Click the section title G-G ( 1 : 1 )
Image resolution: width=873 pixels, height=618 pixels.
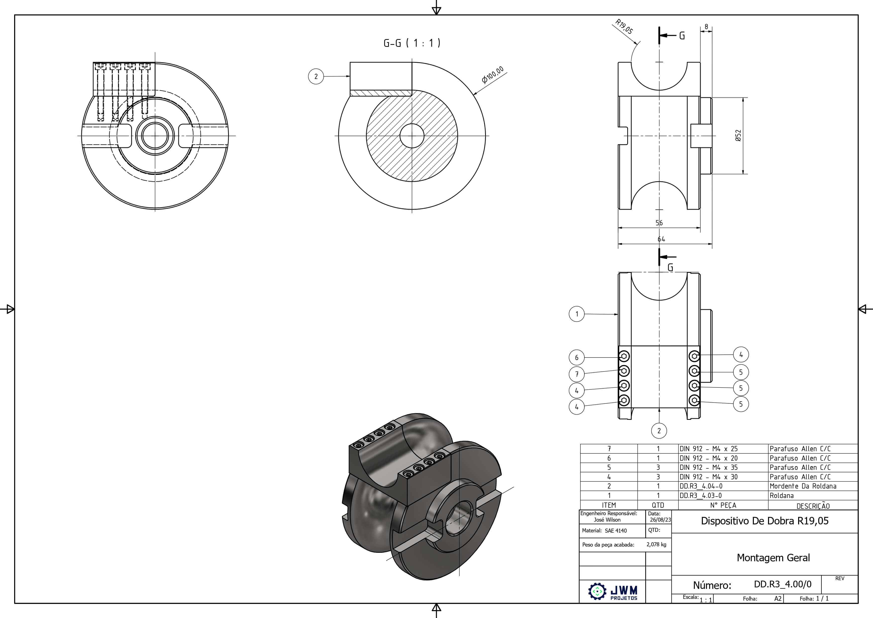412,43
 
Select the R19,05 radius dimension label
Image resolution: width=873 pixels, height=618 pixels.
624,27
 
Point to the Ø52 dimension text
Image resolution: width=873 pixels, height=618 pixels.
738,135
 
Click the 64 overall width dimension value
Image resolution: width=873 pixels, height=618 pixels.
661,239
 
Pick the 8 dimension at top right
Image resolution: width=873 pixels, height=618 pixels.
706,27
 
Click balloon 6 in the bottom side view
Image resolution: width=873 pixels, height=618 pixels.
576,357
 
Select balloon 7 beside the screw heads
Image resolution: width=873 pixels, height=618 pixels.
576,374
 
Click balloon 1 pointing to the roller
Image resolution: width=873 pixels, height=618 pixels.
576,314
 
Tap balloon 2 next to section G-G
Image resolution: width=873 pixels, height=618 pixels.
315,76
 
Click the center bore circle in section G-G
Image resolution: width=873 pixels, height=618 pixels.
412,135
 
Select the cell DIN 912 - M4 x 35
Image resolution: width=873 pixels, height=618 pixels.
708,467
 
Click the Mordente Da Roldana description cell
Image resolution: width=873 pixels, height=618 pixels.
803,486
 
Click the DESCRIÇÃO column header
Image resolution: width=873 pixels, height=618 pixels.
813,506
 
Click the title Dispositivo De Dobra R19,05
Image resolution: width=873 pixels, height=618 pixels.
765,521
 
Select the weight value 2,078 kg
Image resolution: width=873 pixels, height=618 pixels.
656,545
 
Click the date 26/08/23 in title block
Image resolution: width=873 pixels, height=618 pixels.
660,520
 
